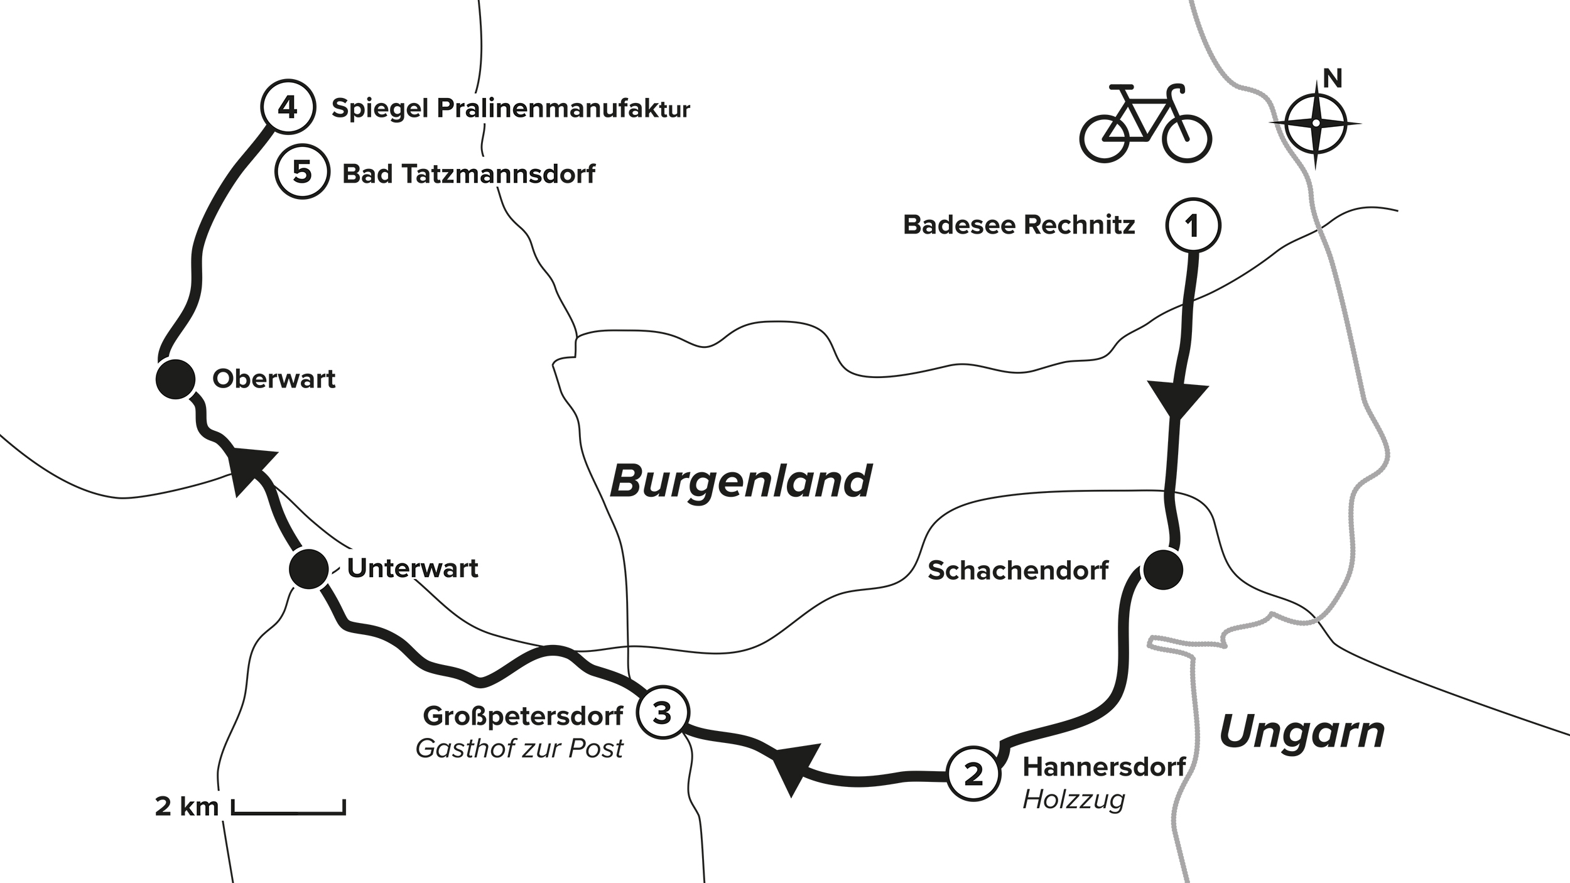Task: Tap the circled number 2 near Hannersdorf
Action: tap(973, 774)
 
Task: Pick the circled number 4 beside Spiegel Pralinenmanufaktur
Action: tap(287, 108)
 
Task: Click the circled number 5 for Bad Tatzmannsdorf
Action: tap(303, 172)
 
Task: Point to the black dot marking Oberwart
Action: tap(175, 379)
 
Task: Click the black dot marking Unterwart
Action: tap(308, 569)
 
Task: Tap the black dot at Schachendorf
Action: tap(1162, 570)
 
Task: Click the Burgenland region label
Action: tap(741, 482)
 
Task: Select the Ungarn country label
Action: tap(1302, 732)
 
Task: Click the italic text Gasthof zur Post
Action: tap(519, 749)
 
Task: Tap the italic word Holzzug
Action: tap(1073, 800)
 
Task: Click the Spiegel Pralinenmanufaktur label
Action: tap(511, 109)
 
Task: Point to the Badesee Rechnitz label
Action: tap(1019, 225)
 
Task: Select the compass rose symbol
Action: tap(1315, 124)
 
